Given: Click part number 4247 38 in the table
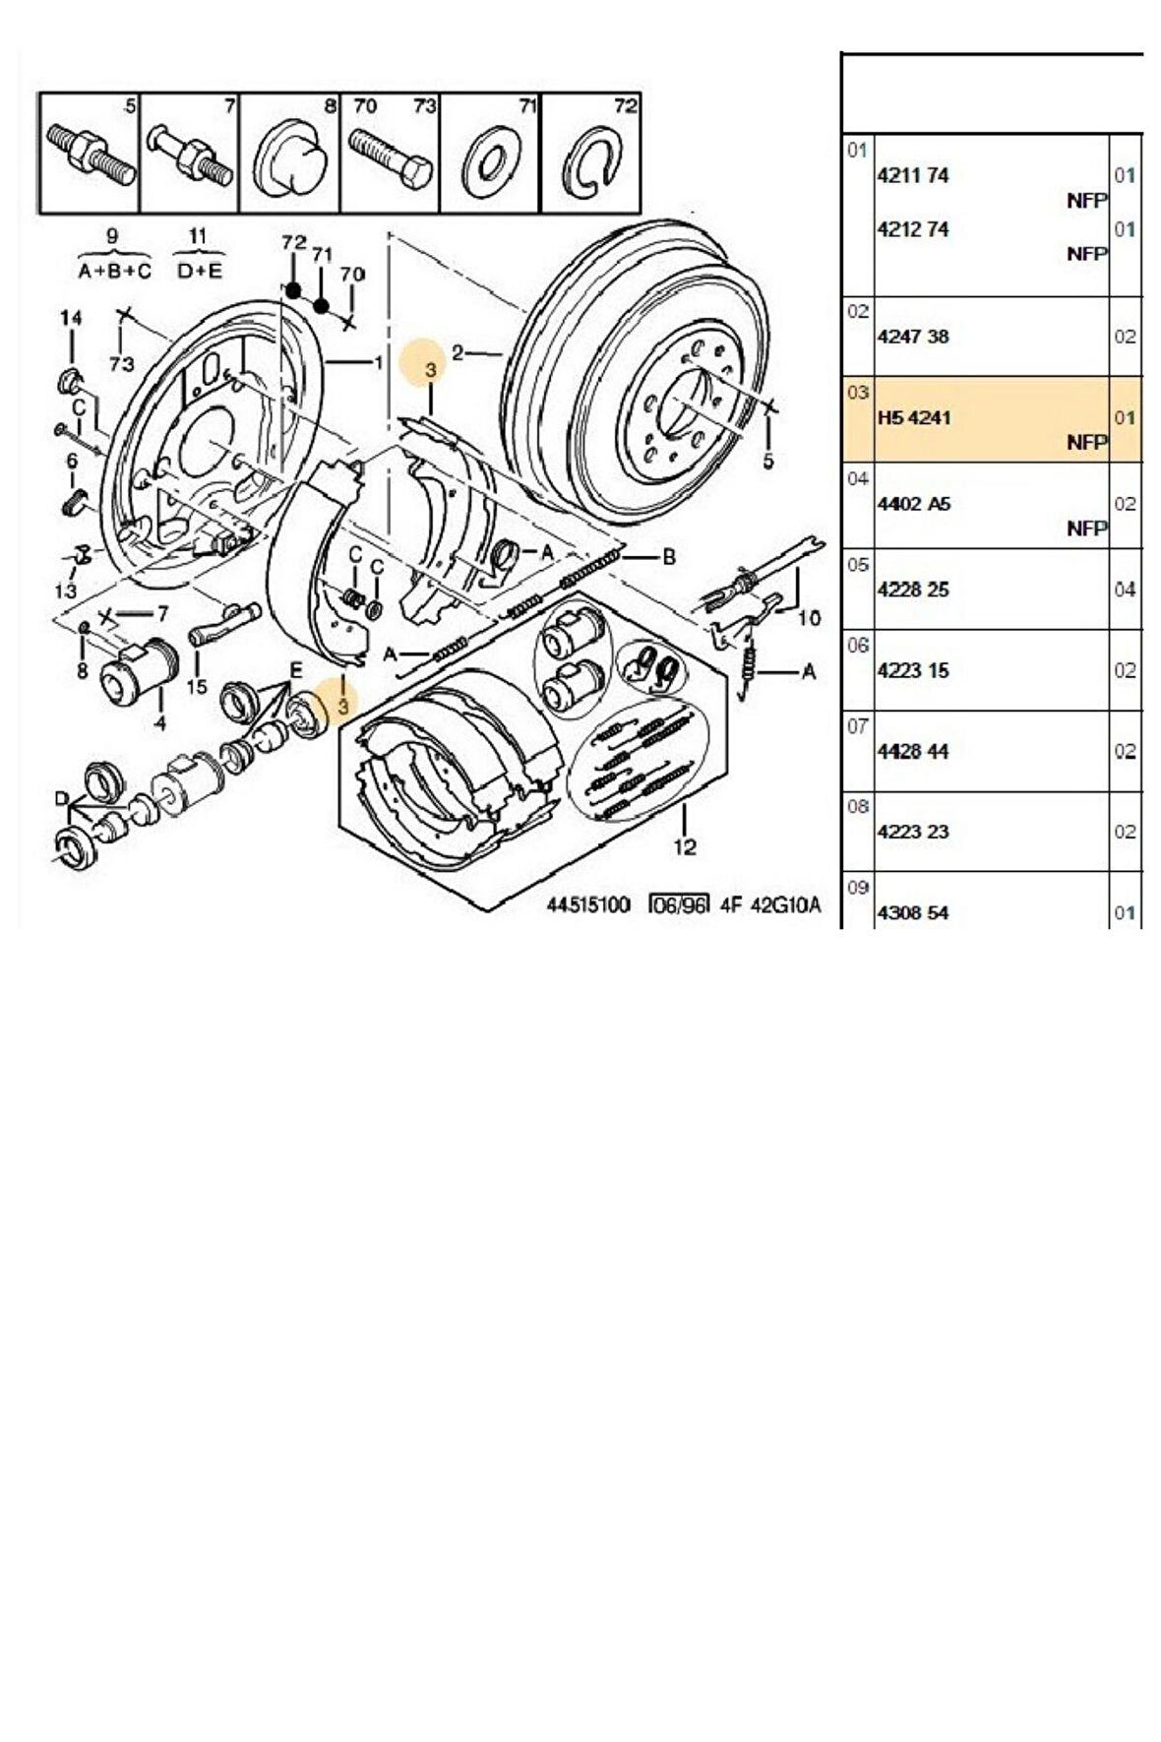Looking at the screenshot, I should point(912,337).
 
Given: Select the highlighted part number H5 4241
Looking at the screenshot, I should point(913,417).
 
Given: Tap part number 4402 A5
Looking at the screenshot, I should point(913,504).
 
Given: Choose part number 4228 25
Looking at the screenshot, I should point(912,590).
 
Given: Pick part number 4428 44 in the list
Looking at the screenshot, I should point(912,751).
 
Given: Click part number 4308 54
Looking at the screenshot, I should point(912,912).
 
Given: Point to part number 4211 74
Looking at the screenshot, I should point(912,175).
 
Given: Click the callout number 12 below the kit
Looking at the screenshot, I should point(685,846).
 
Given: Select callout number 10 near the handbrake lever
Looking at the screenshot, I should point(809,618).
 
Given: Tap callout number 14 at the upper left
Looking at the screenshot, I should point(71,318).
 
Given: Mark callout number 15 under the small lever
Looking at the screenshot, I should point(196,686).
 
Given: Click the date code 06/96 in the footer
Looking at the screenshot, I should point(679,904).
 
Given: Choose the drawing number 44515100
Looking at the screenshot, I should point(587,904).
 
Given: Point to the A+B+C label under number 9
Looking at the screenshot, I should point(114,272).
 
